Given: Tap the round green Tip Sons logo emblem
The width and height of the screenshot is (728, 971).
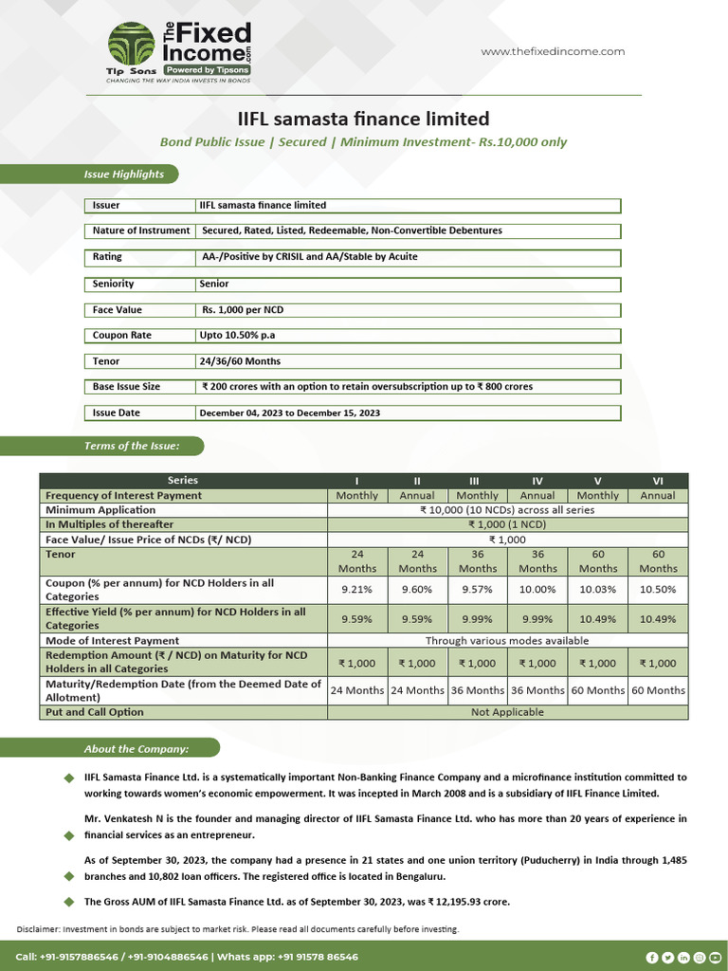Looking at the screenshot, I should (x=131, y=44).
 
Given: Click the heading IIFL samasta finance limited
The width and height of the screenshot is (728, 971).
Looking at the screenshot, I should (x=363, y=119).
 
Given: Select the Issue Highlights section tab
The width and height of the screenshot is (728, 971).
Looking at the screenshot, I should (x=123, y=174).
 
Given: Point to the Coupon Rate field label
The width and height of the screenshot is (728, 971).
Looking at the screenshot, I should (x=122, y=336).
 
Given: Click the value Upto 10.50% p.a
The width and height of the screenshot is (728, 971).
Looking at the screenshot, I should (x=237, y=336).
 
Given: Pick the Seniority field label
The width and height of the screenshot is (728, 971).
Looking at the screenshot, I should (x=114, y=284).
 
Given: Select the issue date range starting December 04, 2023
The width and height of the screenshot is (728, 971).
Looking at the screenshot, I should (x=290, y=413).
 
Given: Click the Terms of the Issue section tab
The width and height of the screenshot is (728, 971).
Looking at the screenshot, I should (x=131, y=446).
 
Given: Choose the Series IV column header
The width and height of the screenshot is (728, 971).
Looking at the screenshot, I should (x=537, y=481).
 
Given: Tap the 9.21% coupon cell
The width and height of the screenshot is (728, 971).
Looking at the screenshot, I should (x=356, y=590).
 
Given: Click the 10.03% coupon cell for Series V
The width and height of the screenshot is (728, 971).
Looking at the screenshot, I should (x=597, y=590).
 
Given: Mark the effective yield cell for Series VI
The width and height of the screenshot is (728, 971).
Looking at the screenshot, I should (x=658, y=618).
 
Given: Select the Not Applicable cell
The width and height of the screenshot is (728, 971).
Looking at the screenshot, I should (x=507, y=712).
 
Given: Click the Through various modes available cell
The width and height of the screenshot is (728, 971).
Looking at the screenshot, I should (x=507, y=641).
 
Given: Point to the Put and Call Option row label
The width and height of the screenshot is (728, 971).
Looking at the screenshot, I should (x=95, y=712).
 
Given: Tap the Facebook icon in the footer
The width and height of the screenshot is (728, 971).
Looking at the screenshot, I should (x=652, y=958).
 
